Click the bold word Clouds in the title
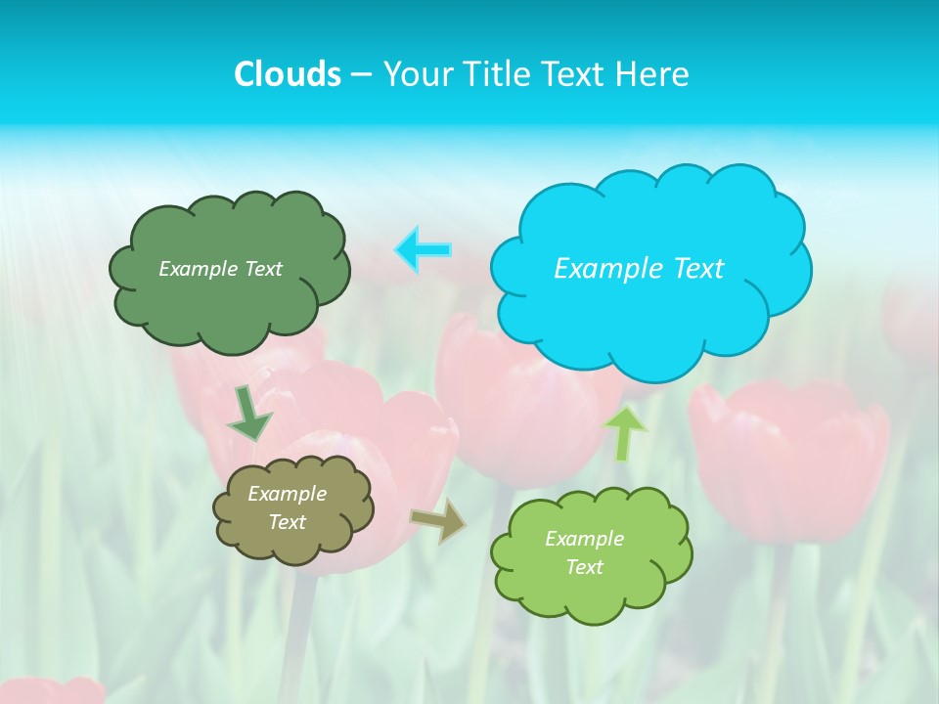(287, 74)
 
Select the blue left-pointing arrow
(423, 250)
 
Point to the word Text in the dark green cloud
(261, 269)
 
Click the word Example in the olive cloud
(287, 494)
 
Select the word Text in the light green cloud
(584, 567)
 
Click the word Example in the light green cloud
(584, 539)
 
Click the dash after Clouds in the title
(360, 75)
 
